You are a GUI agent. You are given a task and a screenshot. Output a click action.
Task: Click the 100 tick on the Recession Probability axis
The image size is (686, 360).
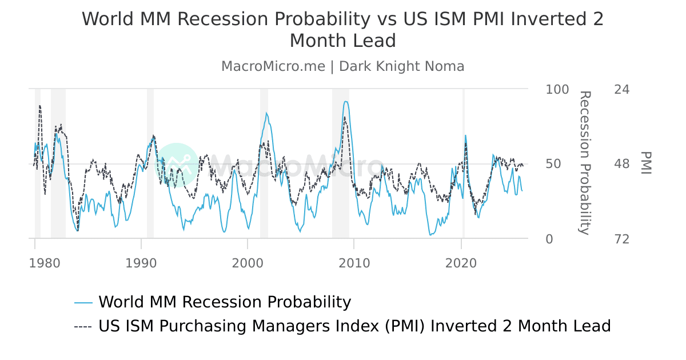click(x=557, y=90)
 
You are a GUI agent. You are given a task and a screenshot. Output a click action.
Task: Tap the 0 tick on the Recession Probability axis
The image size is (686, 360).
click(x=549, y=239)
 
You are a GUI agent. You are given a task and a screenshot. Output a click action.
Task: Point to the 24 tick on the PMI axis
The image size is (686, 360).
click(x=621, y=90)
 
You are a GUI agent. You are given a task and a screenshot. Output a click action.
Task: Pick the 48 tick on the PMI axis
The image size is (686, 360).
click(x=621, y=164)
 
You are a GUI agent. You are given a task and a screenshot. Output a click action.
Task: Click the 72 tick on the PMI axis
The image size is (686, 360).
click(x=621, y=239)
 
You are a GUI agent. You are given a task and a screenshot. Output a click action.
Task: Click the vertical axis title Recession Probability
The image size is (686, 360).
click(x=584, y=163)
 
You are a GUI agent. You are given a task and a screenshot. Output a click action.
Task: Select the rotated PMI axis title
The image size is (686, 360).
click(x=646, y=163)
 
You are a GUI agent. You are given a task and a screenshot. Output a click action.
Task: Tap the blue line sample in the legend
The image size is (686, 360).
click(x=83, y=302)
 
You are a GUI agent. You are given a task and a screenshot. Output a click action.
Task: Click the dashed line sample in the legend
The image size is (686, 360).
click(x=83, y=326)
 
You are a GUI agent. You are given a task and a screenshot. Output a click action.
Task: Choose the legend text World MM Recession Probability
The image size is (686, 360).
click(x=225, y=302)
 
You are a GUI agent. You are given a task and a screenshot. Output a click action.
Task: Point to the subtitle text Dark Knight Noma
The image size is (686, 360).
click(x=401, y=66)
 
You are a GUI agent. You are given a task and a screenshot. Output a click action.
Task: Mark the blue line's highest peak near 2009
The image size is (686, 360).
click(x=345, y=102)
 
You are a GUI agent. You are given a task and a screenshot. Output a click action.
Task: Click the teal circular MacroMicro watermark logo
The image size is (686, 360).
click(x=177, y=165)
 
